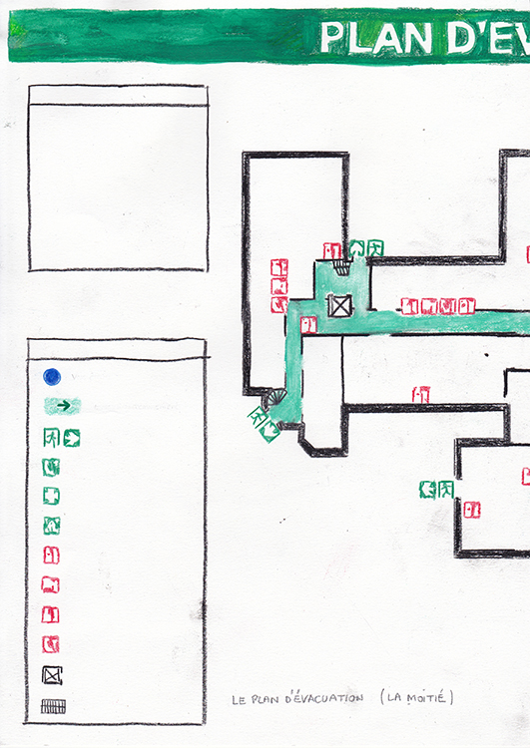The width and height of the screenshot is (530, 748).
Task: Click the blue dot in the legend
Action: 52,377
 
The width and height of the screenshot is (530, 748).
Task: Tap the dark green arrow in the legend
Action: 64,406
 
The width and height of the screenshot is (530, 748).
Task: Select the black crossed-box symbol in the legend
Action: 52,675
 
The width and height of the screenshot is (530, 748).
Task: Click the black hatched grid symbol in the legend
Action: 54,706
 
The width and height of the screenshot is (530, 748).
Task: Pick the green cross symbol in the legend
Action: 51,496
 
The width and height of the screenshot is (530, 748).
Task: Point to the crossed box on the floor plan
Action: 340,305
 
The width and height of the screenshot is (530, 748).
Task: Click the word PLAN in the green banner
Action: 375,38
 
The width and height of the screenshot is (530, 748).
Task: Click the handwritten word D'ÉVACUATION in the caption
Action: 324,698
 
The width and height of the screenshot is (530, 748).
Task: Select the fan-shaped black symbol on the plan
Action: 276,397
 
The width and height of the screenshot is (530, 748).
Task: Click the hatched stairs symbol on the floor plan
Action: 342,266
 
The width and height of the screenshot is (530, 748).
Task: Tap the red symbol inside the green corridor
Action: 308,325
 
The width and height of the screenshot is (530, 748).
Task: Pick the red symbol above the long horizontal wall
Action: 420,395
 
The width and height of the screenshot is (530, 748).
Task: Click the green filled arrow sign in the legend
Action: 72,438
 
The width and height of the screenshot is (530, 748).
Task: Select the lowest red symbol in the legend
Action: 51,644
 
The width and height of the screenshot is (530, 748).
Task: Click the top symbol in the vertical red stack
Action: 279,267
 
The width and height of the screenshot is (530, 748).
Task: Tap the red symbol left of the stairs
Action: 331,251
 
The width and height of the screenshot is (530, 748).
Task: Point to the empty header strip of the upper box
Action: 118,96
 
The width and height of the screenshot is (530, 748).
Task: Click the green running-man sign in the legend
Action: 51,438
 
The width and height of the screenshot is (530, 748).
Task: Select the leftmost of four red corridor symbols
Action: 409,306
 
